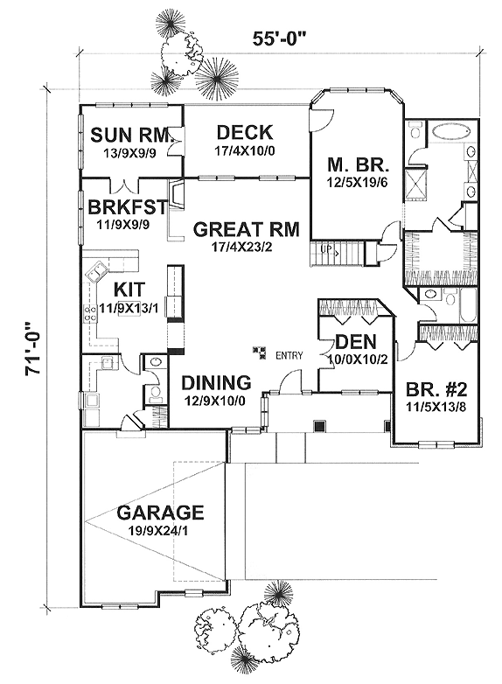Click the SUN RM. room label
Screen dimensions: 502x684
click(130, 135)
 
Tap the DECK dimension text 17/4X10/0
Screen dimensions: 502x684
click(247, 151)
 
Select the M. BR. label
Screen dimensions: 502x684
click(358, 166)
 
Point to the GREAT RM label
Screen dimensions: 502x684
click(247, 229)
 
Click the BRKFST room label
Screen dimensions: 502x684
click(128, 206)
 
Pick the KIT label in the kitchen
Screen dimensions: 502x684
click(129, 290)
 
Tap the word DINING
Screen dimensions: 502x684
click(216, 382)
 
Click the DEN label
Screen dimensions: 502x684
click(356, 342)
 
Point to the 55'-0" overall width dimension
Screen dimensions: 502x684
click(278, 38)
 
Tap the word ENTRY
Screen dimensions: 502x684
click(289, 355)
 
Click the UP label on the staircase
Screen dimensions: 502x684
click(325, 249)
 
